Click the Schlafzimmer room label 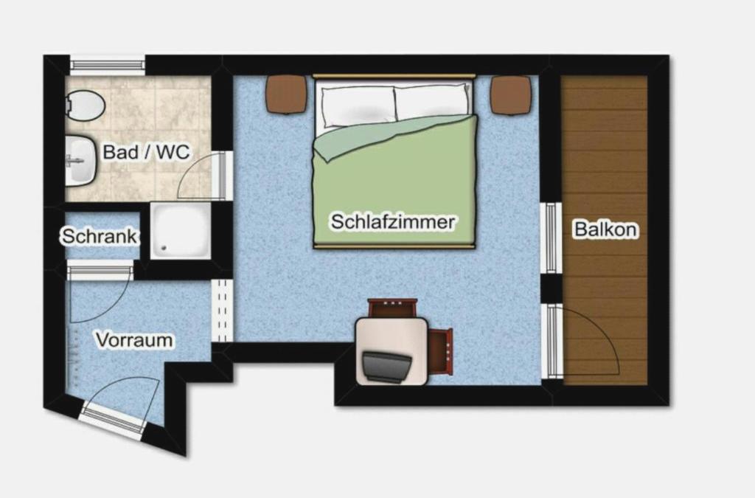392,221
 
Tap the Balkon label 606,229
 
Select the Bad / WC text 147,152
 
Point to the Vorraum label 134,339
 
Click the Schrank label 99,236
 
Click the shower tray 181,231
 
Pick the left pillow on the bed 359,106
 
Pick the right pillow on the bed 432,102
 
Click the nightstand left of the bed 287,94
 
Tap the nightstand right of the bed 511,95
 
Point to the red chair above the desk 392,308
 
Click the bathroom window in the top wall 108,64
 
